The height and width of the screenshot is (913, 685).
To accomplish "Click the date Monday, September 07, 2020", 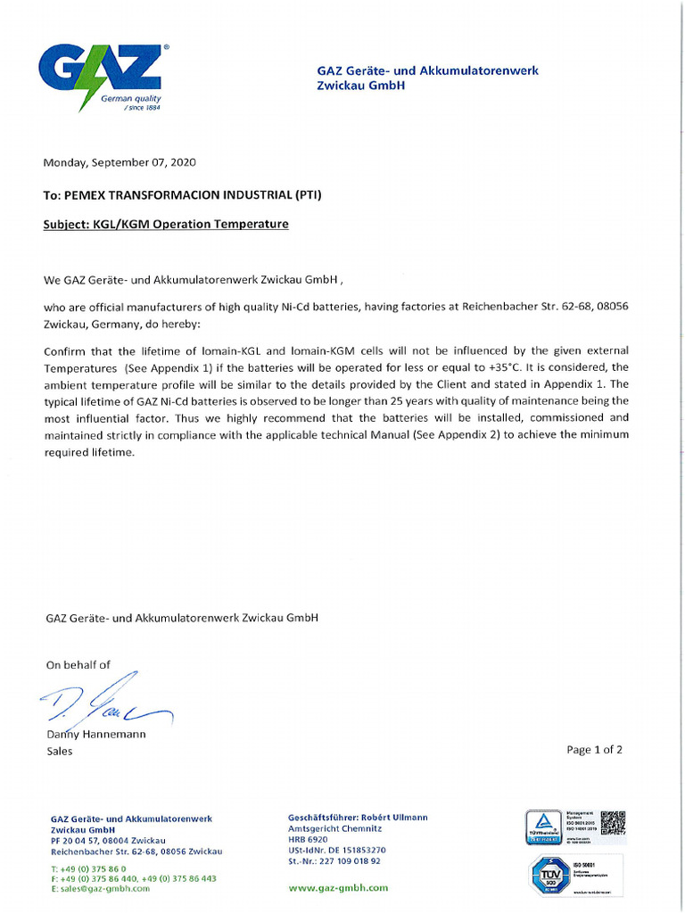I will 120,162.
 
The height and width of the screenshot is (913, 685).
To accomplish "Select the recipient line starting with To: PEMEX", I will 182,194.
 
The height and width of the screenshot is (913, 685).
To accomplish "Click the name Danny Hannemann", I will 95,735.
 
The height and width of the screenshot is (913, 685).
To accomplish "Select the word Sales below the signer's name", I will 60,752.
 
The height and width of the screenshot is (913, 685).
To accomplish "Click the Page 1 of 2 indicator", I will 594,750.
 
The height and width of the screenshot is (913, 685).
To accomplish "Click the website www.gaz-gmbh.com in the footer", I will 338,888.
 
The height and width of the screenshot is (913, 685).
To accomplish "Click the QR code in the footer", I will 613,822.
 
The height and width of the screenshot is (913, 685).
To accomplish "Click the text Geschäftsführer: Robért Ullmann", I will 358,818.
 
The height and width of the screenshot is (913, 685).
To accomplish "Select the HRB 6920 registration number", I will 308,840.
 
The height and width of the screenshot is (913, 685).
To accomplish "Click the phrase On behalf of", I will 78,664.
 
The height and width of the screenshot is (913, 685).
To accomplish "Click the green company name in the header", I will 427,78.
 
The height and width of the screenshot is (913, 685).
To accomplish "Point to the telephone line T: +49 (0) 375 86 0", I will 88,868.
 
